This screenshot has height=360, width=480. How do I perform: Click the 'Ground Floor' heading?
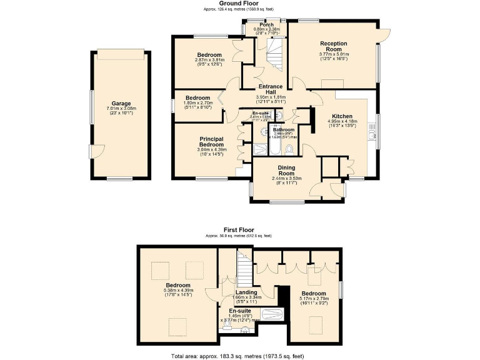(x=239, y=3)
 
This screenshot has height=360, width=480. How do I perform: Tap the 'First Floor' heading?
(x=239, y=229)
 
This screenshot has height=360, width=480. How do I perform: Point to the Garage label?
(x=121, y=103)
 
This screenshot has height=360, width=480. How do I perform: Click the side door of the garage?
(x=96, y=151)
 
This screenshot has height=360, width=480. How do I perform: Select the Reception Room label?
(x=333, y=46)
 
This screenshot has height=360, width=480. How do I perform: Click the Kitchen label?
(x=342, y=116)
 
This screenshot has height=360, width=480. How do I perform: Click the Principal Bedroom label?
(x=211, y=141)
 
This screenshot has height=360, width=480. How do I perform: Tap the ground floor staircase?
(x=276, y=54)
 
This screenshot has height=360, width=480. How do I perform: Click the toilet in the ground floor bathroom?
(x=289, y=149)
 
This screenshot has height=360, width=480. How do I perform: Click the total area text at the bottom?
(x=239, y=356)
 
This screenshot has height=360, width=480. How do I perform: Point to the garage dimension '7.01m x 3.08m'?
(x=121, y=108)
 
